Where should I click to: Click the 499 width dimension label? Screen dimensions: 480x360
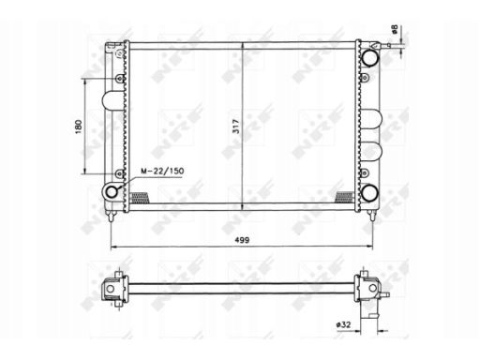pyautogui.click(x=242, y=240)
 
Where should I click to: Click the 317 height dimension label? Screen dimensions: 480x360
pyautogui.click(x=236, y=127)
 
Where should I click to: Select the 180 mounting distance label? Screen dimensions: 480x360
pyautogui.click(x=79, y=127)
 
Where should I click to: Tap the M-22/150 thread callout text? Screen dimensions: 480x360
pyautogui.click(x=162, y=171)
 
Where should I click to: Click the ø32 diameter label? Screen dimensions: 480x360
pyautogui.click(x=343, y=324)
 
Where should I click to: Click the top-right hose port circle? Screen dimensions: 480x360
pyautogui.click(x=370, y=57)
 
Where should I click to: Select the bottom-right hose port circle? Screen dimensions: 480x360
pyautogui.click(x=370, y=193)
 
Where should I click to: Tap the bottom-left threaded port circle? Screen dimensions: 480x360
pyautogui.click(x=112, y=191)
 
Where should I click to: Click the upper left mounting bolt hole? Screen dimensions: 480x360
pyautogui.click(x=120, y=78)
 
